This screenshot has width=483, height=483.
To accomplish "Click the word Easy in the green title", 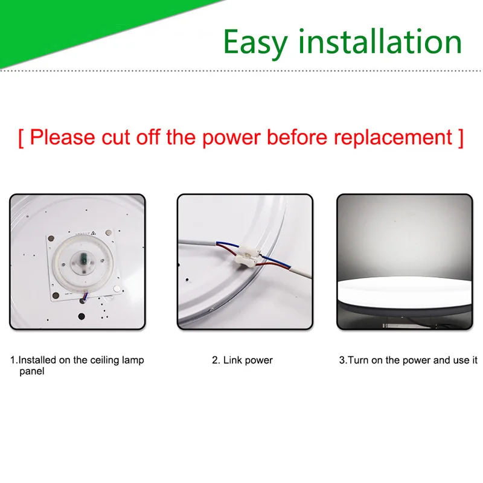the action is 255,43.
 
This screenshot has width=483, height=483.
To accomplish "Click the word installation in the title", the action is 380,41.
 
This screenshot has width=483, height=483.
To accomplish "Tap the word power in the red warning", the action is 232,138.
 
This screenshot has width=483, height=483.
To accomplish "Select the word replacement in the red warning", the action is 393,138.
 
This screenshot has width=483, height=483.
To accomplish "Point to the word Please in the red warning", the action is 63,137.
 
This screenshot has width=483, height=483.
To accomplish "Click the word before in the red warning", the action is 297,137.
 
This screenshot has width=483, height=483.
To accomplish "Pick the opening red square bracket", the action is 21,139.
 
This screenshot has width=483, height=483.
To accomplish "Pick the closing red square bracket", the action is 461,139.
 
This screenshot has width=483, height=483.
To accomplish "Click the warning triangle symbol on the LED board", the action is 94,233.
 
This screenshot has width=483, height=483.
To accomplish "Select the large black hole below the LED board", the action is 82,316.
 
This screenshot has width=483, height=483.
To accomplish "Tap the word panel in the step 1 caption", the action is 32,371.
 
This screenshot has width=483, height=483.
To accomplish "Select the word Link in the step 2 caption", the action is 232,360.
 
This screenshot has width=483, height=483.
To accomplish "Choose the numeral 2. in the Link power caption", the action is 216,360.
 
